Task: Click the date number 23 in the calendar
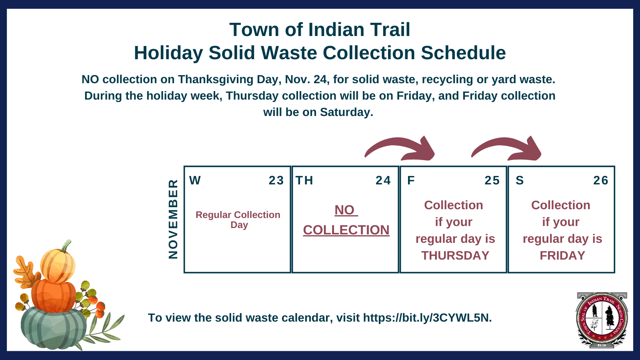(276, 180)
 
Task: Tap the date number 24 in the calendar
(383, 180)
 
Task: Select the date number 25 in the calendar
(492, 180)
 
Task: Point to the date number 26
(600, 180)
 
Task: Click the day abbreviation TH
(304, 180)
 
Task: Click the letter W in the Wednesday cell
(195, 180)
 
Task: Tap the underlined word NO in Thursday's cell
(345, 210)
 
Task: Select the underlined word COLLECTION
(346, 230)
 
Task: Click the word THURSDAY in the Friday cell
(455, 255)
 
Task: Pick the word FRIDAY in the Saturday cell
(562, 255)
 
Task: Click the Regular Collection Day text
(238, 220)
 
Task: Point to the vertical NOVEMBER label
(173, 219)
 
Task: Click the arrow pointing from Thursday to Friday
(400, 148)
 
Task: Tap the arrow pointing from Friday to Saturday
(507, 148)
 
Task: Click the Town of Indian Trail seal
(602, 320)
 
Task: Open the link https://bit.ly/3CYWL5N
(426, 318)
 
